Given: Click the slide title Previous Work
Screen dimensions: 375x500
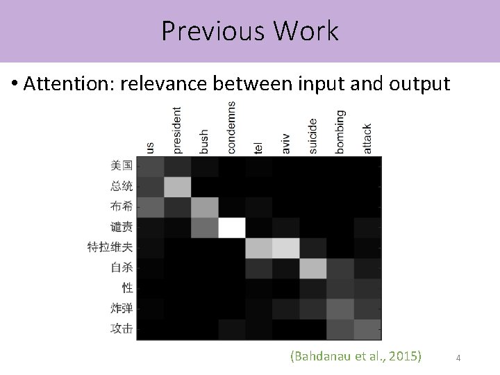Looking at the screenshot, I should pyautogui.click(x=250, y=31).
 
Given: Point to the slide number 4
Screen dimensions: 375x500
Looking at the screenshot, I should pyautogui.click(x=458, y=358).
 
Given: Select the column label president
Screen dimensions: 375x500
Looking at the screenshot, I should pyautogui.click(x=178, y=130).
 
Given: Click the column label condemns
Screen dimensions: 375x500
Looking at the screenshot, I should pyautogui.click(x=231, y=128).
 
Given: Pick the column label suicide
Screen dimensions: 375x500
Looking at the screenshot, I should pyautogui.click(x=312, y=135).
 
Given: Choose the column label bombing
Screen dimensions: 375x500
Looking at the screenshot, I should pyautogui.click(x=340, y=131).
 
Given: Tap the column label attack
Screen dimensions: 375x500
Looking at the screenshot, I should pyautogui.click(x=367, y=138).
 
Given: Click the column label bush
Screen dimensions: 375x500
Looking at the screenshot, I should pyautogui.click(x=204, y=141).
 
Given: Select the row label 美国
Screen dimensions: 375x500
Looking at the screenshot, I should pyautogui.click(x=122, y=165).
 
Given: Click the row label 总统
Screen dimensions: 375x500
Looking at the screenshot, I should pyautogui.click(x=122, y=185).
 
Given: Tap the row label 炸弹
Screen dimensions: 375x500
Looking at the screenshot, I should pyautogui.click(x=122, y=308).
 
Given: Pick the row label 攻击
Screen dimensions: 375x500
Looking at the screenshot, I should pyautogui.click(x=122, y=328).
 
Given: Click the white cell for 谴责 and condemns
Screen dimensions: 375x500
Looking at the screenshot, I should pyautogui.click(x=232, y=227).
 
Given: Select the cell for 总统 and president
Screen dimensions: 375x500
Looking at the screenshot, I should pyautogui.click(x=178, y=186).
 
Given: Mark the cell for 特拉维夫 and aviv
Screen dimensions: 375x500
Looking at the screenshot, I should pyautogui.click(x=286, y=247).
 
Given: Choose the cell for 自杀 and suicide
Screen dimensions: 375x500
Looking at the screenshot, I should pyautogui.click(x=313, y=267).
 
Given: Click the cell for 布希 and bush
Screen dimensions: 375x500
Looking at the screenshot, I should pyautogui.click(x=205, y=207).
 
